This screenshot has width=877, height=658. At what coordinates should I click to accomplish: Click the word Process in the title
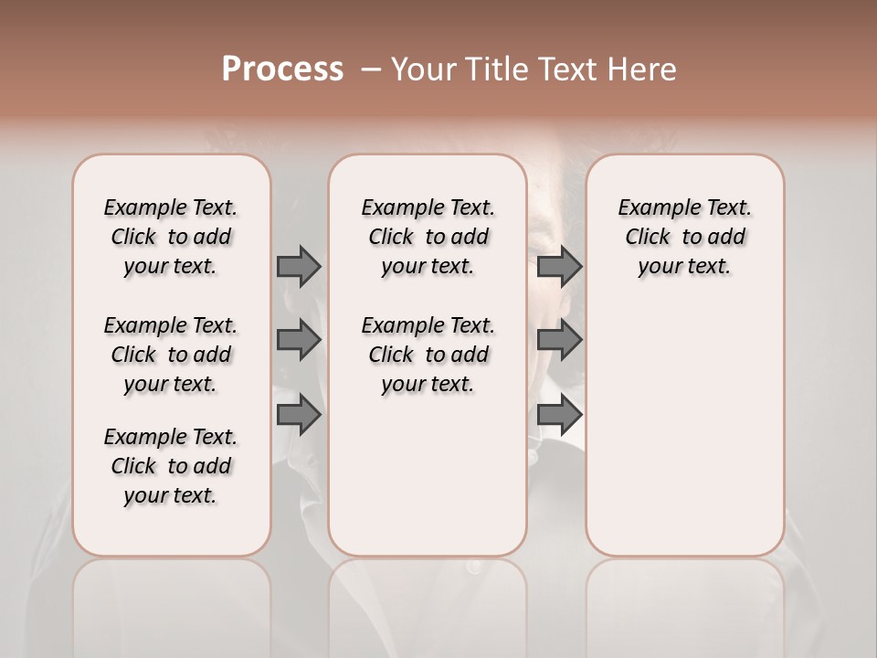[x=282, y=69]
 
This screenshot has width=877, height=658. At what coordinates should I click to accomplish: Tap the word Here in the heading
[x=643, y=69]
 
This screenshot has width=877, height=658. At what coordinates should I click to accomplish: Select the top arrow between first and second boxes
[x=299, y=266]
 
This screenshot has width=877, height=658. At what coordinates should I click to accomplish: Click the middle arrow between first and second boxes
[x=299, y=340]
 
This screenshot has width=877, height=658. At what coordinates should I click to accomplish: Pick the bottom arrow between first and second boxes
[x=299, y=415]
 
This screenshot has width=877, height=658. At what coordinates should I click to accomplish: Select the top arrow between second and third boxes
[x=559, y=266]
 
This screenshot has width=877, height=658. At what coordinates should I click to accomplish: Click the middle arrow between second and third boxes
[x=559, y=340]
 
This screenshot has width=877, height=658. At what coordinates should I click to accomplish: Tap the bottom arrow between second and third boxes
[x=559, y=415]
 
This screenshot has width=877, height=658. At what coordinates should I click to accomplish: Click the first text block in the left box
[x=171, y=237]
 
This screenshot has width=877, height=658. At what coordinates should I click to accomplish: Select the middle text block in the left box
[x=171, y=355]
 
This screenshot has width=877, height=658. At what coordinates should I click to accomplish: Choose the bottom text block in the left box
[x=171, y=466]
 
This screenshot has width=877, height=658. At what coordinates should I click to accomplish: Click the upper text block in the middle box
[x=428, y=237]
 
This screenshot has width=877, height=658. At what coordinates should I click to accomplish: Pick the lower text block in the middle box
[x=428, y=355]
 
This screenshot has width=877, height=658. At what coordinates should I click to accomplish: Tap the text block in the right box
[x=684, y=237]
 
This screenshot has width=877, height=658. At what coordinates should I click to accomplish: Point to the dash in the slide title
[x=371, y=69]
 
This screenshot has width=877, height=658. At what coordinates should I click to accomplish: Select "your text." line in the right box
[x=684, y=267]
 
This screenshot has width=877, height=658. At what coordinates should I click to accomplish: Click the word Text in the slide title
[x=566, y=69]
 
